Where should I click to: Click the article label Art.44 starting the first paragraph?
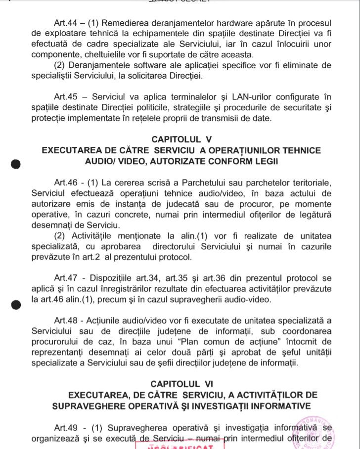[67, 23]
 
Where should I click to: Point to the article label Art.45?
[67, 97]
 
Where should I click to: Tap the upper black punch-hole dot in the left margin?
[16, 165]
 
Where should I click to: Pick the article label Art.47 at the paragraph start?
[67, 278]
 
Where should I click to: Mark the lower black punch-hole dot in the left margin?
[16, 305]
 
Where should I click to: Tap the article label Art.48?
[67, 320]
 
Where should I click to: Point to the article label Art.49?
[67, 427]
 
